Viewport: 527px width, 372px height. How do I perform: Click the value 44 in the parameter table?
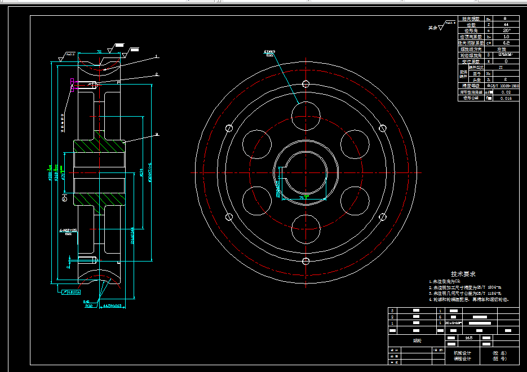coord(505,25)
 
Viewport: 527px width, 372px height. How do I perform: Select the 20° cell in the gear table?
coord(505,30)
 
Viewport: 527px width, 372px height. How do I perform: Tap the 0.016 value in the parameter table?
coord(506,98)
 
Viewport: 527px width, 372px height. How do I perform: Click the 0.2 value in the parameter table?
coord(505,43)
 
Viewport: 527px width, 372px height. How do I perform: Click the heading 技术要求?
coord(463,274)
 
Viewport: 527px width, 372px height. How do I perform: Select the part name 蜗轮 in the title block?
coord(417,340)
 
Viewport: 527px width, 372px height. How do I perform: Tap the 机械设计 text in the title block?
coord(462,353)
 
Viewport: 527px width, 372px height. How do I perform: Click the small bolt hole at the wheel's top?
coord(305,84)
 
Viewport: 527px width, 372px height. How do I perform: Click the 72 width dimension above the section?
coord(99,51)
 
